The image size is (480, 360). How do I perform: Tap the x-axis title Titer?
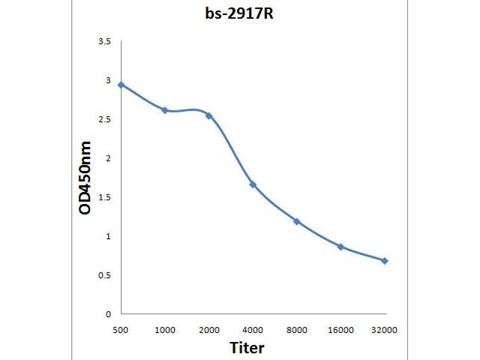click(247, 347)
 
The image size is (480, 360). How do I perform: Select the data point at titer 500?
click(121, 85)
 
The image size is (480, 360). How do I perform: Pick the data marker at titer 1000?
click(165, 110)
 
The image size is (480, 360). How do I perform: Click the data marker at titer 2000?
click(209, 115)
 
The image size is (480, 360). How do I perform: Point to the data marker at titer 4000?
click(253, 184)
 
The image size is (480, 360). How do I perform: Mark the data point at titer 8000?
click(296, 221)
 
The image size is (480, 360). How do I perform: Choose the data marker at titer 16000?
click(340, 247)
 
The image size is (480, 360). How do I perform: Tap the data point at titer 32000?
click(385, 261)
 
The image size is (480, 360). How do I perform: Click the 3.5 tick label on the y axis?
click(105, 41)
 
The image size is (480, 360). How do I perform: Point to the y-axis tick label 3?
click(109, 80)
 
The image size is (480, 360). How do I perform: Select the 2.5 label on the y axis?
click(105, 119)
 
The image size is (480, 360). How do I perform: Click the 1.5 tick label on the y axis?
click(105, 197)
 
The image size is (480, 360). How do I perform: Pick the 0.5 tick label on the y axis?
click(105, 275)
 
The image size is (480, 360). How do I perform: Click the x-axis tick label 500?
click(121, 330)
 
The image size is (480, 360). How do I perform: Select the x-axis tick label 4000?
click(253, 330)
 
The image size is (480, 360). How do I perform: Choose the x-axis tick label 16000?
click(340, 330)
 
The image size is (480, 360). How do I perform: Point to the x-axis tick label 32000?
click(385, 330)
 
